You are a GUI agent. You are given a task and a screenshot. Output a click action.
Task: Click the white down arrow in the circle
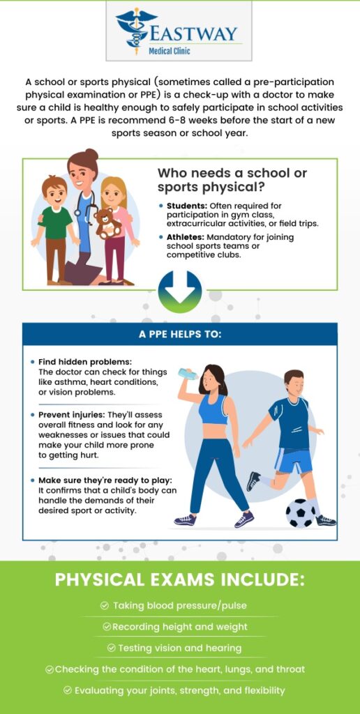pyautogui.click(x=180, y=290)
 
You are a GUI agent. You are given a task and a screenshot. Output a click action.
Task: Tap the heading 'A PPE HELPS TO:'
pyautogui.click(x=180, y=334)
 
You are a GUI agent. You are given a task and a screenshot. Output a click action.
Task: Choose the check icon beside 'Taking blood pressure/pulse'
pyautogui.click(x=105, y=606)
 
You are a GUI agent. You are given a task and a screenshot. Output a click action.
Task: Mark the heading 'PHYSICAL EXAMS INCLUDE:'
pyautogui.click(x=180, y=580)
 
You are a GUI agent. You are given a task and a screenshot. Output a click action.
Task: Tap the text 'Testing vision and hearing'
pyautogui.click(x=180, y=648)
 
